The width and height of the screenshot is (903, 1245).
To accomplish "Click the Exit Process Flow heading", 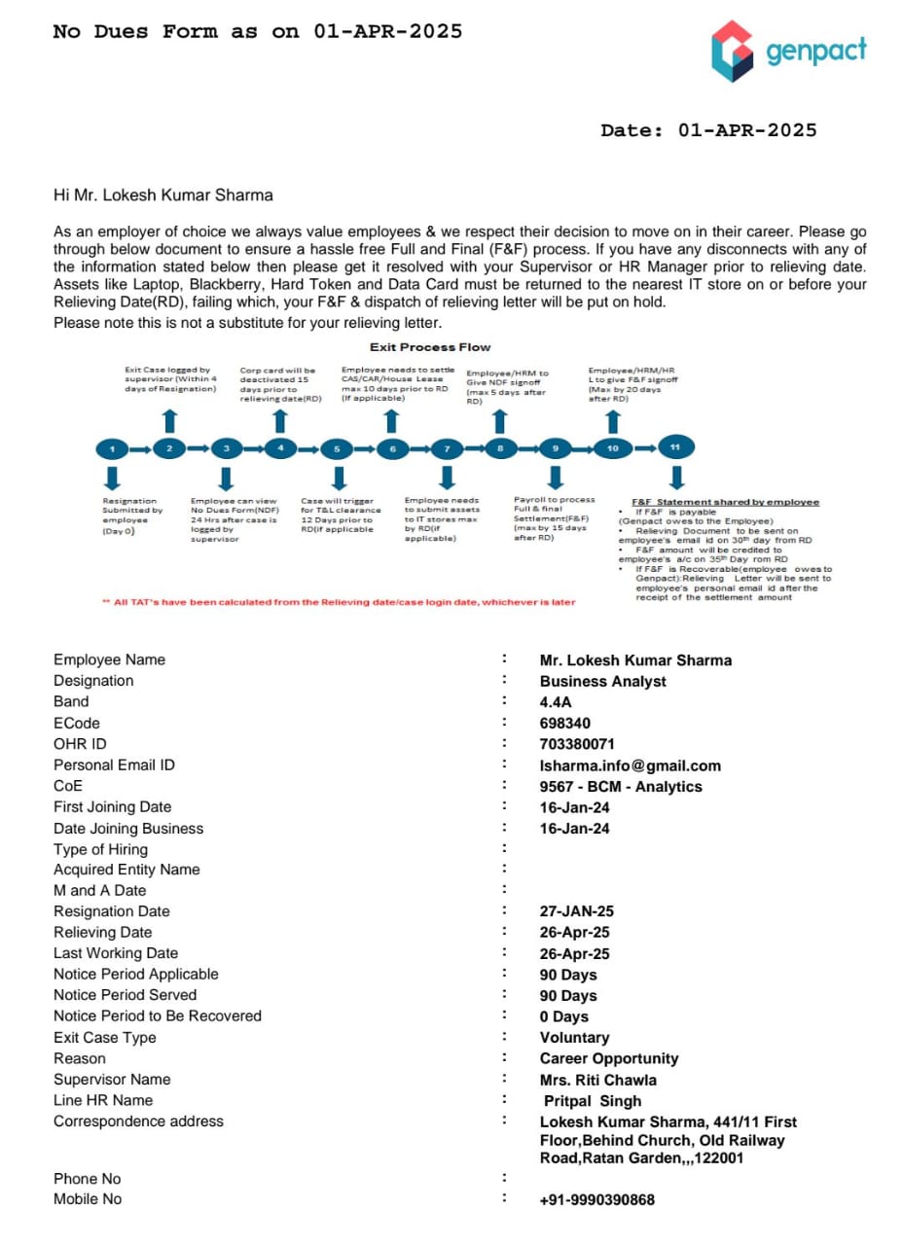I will (x=430, y=347).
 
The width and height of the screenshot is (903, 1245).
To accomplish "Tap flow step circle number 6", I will (x=392, y=449).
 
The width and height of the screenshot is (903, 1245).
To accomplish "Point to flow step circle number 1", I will (x=113, y=449).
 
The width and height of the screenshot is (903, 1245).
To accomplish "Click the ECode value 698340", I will (x=565, y=723).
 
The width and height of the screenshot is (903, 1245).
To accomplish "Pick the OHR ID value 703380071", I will (x=577, y=744).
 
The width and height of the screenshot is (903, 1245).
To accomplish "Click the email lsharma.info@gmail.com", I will (x=631, y=765).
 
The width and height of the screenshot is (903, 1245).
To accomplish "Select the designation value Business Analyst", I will (x=603, y=681).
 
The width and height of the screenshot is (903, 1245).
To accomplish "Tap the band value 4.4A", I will (x=558, y=701).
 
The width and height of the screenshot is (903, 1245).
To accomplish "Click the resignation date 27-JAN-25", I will (x=577, y=911).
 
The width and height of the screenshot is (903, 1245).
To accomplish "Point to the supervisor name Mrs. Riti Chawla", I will (x=598, y=1080).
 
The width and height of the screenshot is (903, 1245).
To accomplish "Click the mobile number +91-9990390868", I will (x=597, y=1200).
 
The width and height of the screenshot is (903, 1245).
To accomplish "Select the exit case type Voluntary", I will (x=575, y=1038).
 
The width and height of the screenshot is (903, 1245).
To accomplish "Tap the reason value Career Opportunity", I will (x=609, y=1058).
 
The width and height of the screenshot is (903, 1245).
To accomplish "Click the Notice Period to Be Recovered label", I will (x=158, y=1015).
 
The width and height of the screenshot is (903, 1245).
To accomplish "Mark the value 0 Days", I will (x=564, y=1016).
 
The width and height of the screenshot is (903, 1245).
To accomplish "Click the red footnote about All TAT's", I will (x=339, y=602).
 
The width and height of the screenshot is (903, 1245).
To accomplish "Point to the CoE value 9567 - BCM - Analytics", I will (x=621, y=786).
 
